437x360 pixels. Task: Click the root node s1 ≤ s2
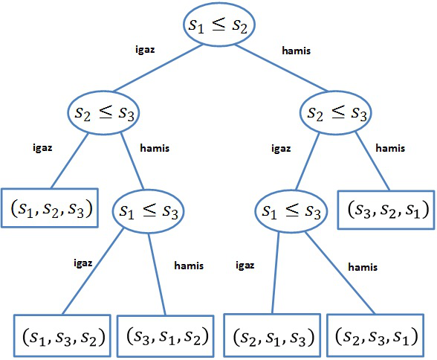tap(218, 25)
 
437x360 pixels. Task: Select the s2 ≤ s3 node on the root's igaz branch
tap(103, 112)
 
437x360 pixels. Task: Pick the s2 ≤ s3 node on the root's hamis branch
tap(336, 112)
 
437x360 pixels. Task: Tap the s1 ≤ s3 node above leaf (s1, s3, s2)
tap(148, 211)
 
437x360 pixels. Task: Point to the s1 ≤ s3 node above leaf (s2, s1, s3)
tap(291, 211)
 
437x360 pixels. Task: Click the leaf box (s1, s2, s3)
tap(50, 208)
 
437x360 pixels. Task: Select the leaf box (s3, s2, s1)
tap(386, 210)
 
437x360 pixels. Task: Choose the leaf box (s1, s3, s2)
tap(62, 335)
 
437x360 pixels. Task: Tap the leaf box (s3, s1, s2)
tap(166, 336)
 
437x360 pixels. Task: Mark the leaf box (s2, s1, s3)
tap(272, 335)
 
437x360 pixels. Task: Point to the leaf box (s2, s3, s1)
tap(375, 335)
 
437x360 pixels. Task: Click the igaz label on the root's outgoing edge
tap(145, 50)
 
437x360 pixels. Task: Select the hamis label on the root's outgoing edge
tap(296, 51)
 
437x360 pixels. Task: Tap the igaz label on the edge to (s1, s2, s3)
tap(42, 147)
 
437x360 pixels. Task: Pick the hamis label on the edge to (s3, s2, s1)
tap(390, 148)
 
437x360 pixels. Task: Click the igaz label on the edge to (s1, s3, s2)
tap(83, 263)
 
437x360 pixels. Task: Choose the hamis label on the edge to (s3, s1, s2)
tap(189, 266)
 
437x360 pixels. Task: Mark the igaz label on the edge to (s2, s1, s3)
tap(245, 266)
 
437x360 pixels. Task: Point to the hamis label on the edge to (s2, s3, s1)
tap(363, 267)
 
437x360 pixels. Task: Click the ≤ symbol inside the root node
tap(218, 24)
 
